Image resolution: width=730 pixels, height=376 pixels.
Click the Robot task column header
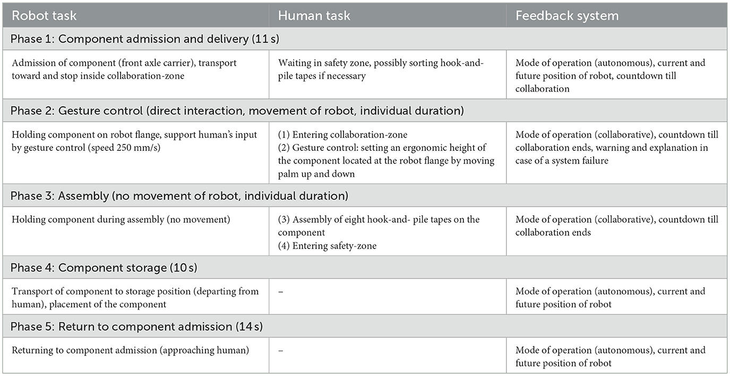[x=44, y=16]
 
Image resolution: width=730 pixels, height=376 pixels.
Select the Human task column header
[x=314, y=16]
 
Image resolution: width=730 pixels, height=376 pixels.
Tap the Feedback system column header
[x=567, y=16]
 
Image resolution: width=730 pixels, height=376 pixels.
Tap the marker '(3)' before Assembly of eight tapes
[x=285, y=219]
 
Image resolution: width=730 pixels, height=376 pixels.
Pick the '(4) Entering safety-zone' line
[x=327, y=246]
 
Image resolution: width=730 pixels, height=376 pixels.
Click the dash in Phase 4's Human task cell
[x=280, y=292]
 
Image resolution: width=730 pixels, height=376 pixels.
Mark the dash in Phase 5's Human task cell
[x=280, y=351]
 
